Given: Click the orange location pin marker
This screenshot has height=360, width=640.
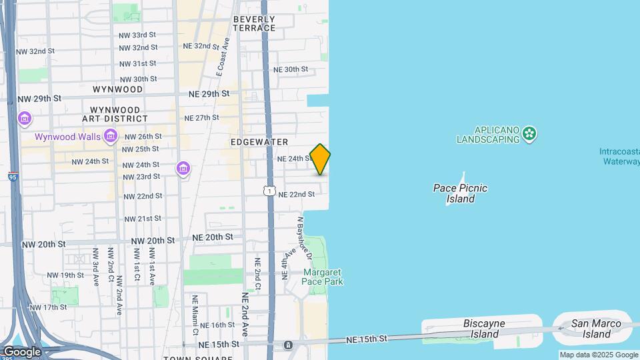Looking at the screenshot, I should [x=320, y=159].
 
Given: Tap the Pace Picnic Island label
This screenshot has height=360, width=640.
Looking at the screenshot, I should [x=460, y=193].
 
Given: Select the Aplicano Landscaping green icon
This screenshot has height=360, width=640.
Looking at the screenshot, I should [x=530, y=134].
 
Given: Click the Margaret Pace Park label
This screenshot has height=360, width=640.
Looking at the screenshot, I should [x=323, y=277].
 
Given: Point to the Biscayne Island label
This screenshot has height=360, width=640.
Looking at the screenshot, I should [x=481, y=329].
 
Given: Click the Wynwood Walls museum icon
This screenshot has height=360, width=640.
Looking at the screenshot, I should [x=111, y=137].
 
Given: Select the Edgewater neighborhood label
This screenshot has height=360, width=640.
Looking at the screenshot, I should [x=259, y=142].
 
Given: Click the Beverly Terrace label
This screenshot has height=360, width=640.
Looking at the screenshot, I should [x=254, y=24].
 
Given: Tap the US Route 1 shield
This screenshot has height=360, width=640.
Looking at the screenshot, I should [x=269, y=191].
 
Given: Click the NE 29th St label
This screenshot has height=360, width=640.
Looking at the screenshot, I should [x=209, y=94].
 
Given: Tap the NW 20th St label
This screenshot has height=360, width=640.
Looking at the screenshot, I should [x=153, y=240].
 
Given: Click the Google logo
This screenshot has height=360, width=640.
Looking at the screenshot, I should [x=22, y=351].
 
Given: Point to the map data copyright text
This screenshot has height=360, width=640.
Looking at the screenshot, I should [x=599, y=355].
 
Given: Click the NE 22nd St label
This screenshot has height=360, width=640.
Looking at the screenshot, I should [x=296, y=194].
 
